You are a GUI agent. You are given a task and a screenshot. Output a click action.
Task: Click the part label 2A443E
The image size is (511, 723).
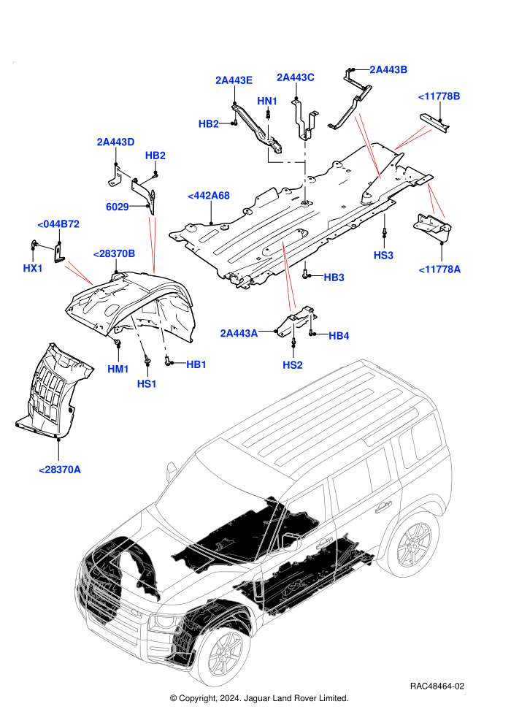pyautogui.click(x=234, y=80)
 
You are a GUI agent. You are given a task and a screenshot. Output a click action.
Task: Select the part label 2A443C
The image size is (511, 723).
pyautogui.click(x=296, y=77)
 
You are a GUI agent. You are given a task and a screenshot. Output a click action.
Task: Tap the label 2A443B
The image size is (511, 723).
pyautogui.click(x=388, y=69)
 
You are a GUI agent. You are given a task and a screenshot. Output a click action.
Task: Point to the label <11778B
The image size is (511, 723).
pyautogui.click(x=439, y=96)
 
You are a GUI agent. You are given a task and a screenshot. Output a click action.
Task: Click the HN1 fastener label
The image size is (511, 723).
pyautogui.click(x=266, y=101)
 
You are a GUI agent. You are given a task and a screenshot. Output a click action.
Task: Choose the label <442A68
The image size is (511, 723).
pyautogui.click(x=209, y=196)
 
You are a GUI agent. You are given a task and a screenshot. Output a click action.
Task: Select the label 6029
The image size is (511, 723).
pyautogui.click(x=118, y=207)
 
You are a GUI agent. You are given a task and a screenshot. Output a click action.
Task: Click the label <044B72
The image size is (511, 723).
pyautogui.click(x=58, y=224)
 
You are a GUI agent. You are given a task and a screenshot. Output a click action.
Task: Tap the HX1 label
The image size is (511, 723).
pyautogui.click(x=33, y=268)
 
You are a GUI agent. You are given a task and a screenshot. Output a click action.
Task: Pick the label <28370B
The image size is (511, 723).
pyautogui.click(x=114, y=253)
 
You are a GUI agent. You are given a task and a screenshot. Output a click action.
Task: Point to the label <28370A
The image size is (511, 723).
pyautogui.click(x=60, y=470)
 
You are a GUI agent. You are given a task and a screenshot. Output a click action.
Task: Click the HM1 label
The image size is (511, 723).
pyautogui.click(x=118, y=369)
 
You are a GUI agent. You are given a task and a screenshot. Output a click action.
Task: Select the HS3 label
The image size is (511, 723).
pyautogui.click(x=383, y=255)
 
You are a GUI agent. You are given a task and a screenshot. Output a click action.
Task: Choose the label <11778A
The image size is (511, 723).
pyautogui.click(x=439, y=269)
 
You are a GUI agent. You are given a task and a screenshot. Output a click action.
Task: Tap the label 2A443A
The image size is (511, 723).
pyautogui.click(x=239, y=333)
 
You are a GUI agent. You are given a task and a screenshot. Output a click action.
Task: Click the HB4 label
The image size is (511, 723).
pyautogui.click(x=339, y=336)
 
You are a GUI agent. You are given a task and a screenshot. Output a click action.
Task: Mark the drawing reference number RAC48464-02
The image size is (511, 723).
pyautogui.click(x=437, y=686)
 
